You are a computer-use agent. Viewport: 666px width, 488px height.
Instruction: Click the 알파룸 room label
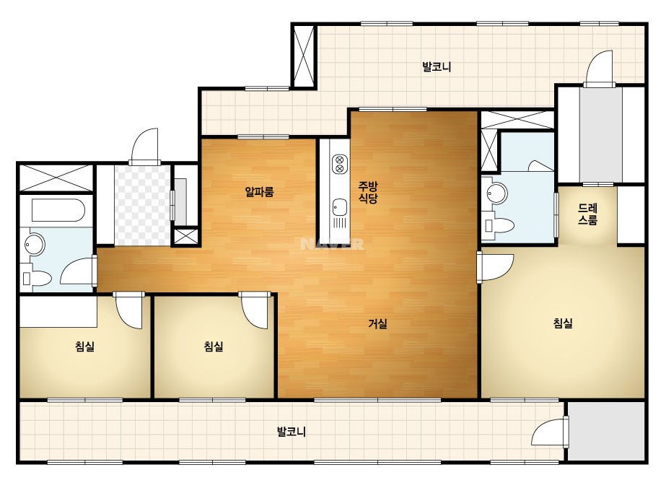260,192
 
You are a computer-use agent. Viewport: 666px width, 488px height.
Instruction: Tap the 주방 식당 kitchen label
368,192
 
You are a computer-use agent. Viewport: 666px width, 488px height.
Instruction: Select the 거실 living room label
377,324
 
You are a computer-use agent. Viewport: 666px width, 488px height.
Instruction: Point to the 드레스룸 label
588,214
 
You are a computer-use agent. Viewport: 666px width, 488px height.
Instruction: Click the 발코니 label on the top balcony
437,66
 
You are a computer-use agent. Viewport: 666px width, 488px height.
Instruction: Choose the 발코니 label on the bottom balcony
292,432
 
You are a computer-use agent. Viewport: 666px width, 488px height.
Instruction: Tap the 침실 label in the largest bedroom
564,323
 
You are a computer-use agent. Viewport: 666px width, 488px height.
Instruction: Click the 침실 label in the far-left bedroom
85,347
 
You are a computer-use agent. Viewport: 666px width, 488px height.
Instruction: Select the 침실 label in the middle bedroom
214,347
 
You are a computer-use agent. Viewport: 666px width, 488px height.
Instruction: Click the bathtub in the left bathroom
58,210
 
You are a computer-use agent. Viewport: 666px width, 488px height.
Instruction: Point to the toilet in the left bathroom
37,279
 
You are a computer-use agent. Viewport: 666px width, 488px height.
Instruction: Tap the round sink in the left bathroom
35,245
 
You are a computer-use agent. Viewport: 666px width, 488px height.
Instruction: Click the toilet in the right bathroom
499,225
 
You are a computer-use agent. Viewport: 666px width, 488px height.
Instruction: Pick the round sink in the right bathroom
497,193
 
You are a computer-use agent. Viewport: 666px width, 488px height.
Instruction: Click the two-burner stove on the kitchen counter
339,164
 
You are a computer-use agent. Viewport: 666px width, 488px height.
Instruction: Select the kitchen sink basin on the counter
339,208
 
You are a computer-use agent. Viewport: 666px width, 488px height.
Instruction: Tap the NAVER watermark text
332,244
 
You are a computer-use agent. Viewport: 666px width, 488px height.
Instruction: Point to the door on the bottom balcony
551,431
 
